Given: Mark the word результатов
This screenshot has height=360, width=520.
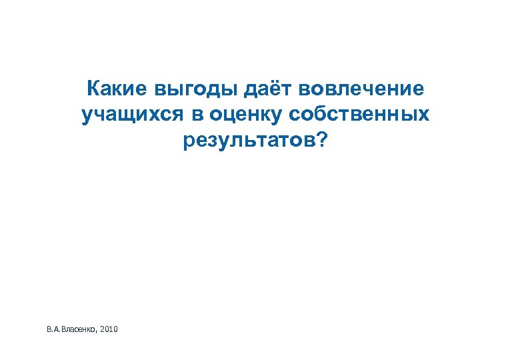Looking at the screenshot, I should click(x=249, y=141).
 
